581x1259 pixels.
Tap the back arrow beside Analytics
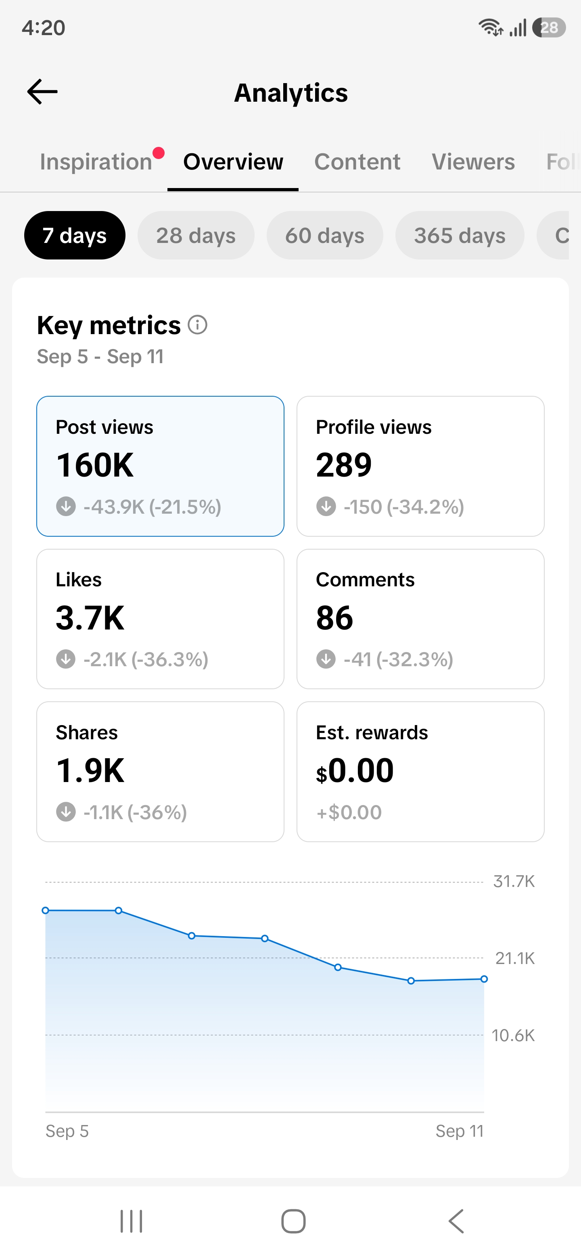[x=42, y=92]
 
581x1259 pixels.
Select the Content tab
[x=357, y=162]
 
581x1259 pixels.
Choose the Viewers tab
[x=473, y=162]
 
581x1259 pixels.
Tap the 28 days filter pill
[x=196, y=236]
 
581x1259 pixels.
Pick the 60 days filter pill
[x=324, y=236]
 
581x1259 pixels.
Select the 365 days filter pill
[x=460, y=236]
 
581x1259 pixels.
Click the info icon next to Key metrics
[x=197, y=325]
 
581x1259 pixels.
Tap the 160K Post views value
[x=95, y=465]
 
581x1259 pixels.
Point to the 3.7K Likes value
[x=90, y=618]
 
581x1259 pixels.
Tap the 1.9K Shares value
[x=90, y=771]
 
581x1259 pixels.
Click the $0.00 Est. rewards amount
[x=355, y=771]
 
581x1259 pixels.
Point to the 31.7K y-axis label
[x=514, y=881]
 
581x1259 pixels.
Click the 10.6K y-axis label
[x=513, y=1035]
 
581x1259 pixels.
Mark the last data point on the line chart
[x=484, y=979]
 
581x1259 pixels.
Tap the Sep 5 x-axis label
[x=67, y=1131]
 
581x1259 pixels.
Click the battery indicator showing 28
[x=549, y=27]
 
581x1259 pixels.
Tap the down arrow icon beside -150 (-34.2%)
[x=326, y=506]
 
